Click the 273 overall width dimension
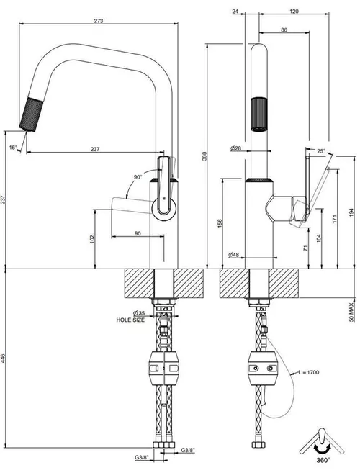(99, 21)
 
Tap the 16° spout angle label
(13, 148)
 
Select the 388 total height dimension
(204, 156)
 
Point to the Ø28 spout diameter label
(235, 148)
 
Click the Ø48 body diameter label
(233, 255)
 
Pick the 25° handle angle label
(321, 151)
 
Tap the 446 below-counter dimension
(3, 359)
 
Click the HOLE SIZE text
(130, 320)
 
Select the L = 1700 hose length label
(309, 372)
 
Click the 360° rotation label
(323, 460)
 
